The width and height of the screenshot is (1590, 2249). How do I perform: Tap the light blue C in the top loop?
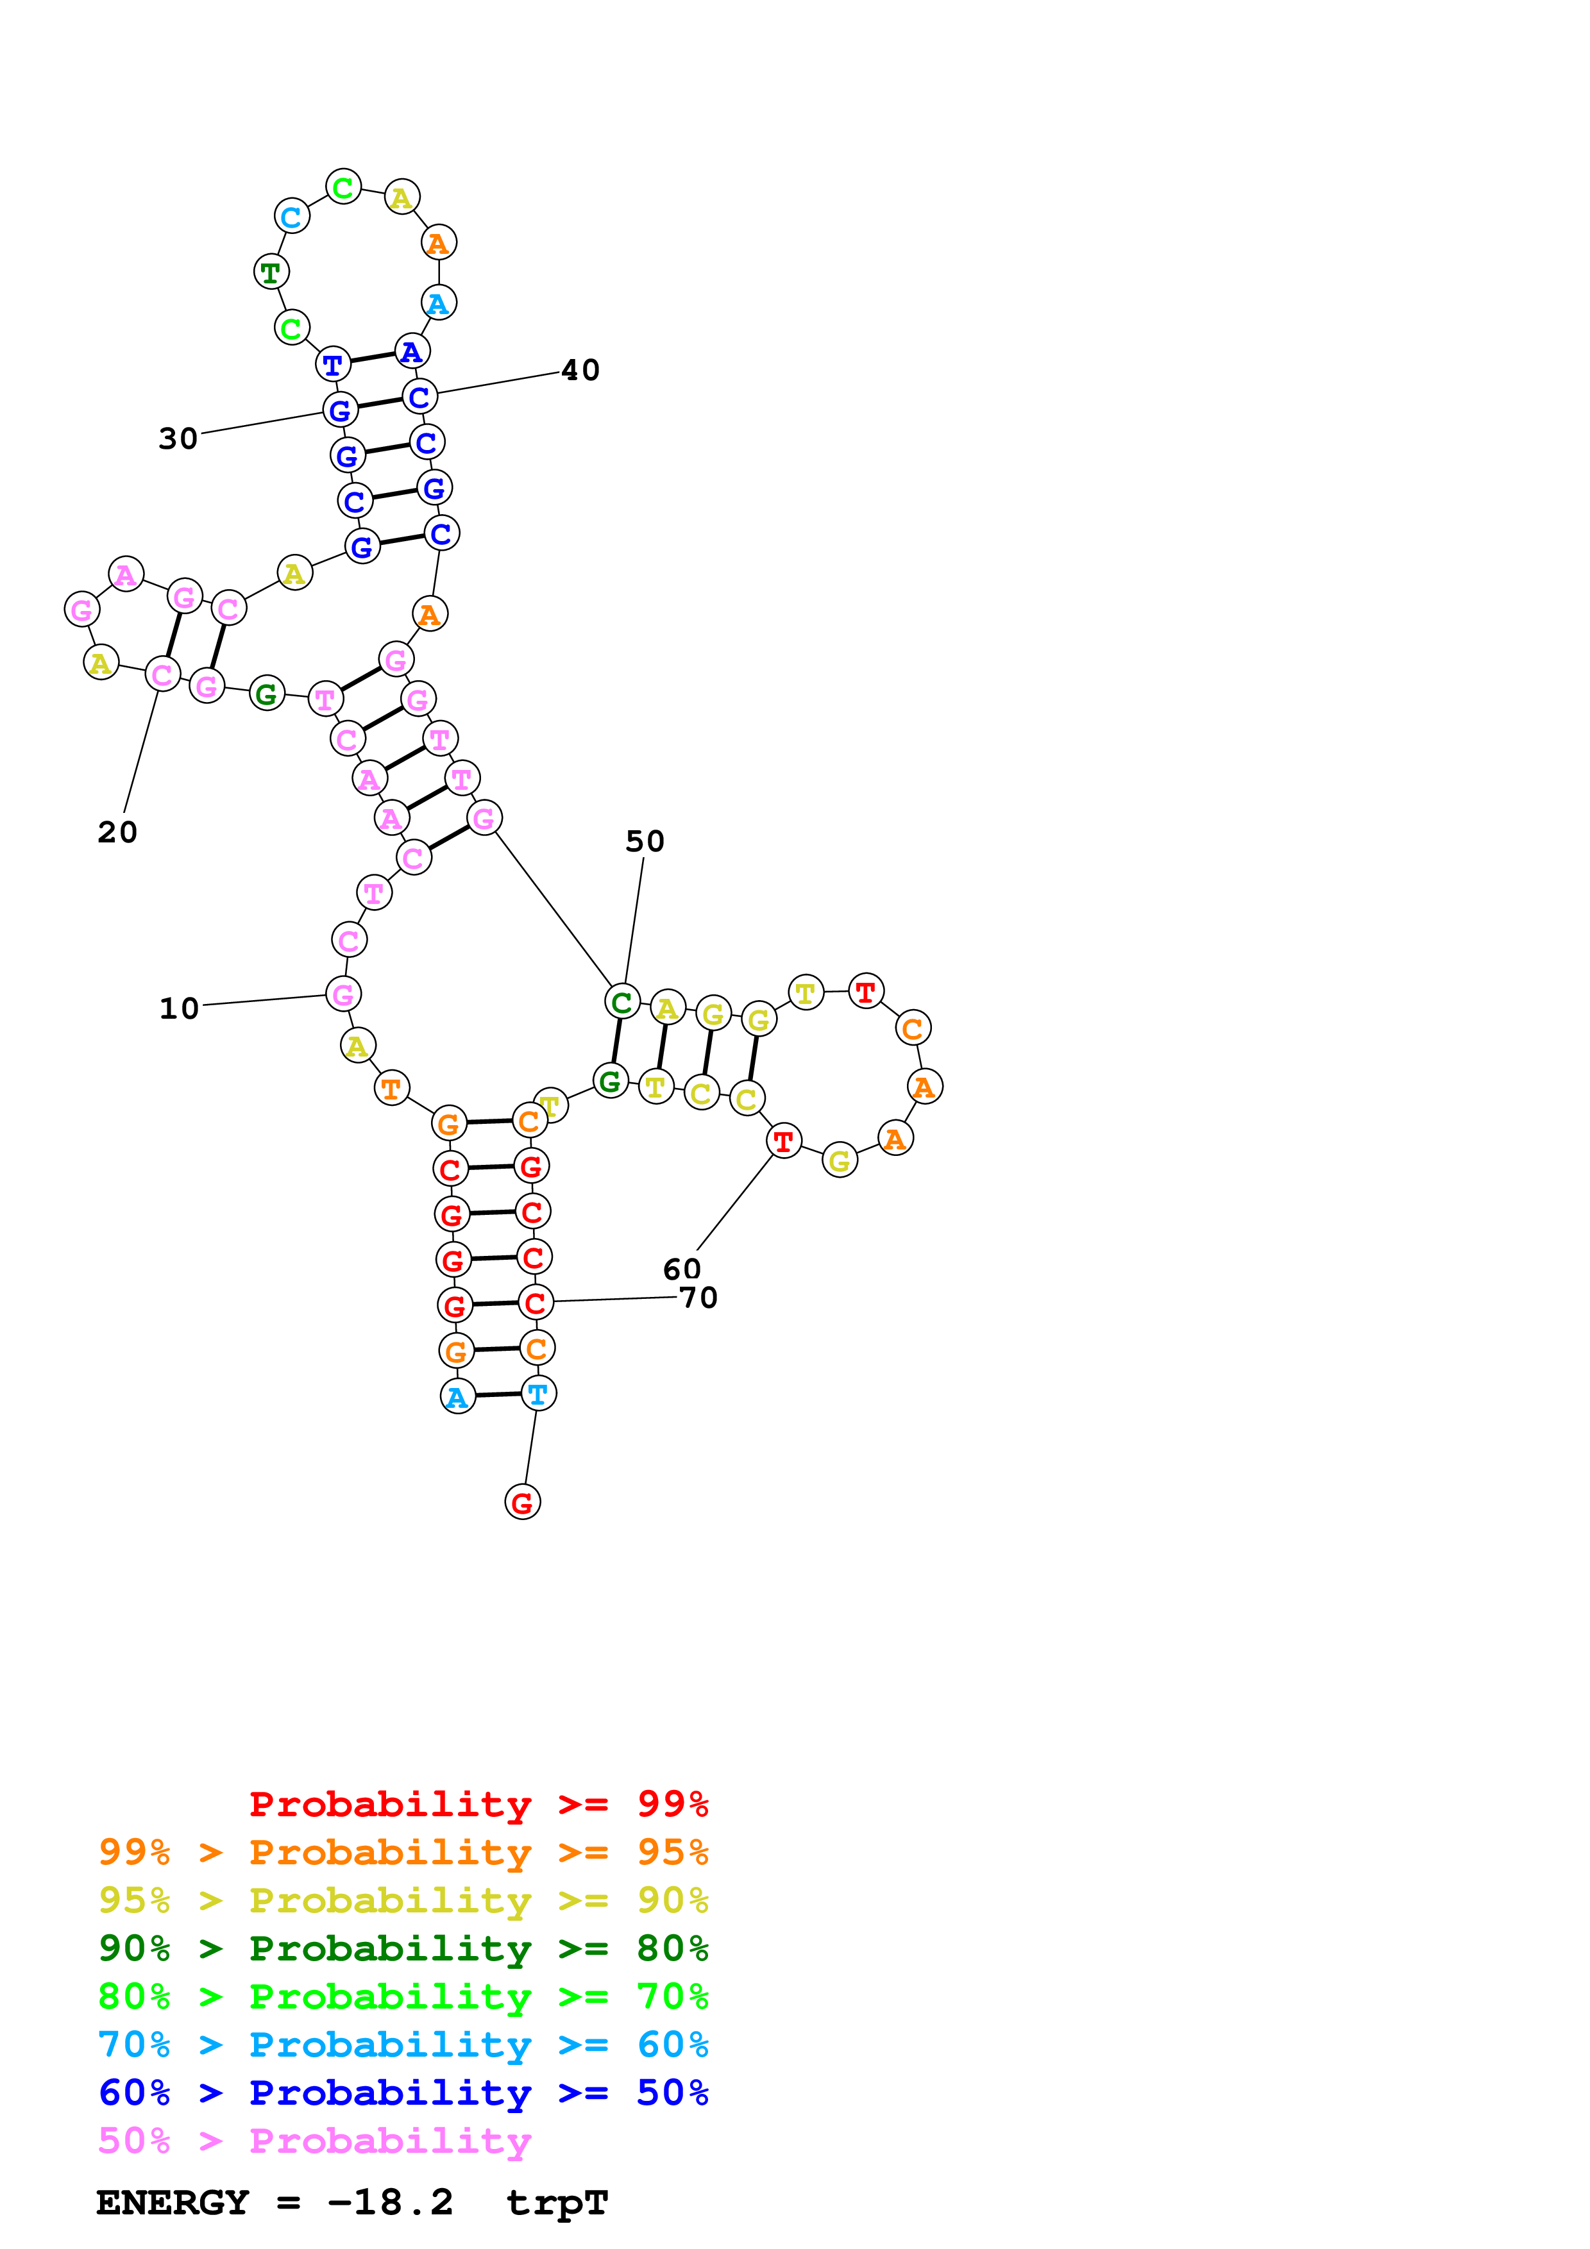(x=292, y=217)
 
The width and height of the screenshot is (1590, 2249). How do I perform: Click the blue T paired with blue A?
(x=333, y=364)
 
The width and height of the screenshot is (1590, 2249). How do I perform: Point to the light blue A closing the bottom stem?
(x=457, y=1397)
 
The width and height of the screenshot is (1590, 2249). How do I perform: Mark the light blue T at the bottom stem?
(x=538, y=1393)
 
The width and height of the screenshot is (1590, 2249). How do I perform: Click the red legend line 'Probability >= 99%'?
(x=478, y=1803)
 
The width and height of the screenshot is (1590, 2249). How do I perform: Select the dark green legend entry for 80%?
(x=403, y=1948)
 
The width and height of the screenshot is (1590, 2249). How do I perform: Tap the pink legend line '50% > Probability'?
(x=314, y=2141)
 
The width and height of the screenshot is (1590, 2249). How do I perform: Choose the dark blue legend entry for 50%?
(x=403, y=2093)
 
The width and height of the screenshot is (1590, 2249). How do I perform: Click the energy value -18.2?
(x=390, y=2203)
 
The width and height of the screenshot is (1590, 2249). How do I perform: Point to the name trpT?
(x=557, y=2203)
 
